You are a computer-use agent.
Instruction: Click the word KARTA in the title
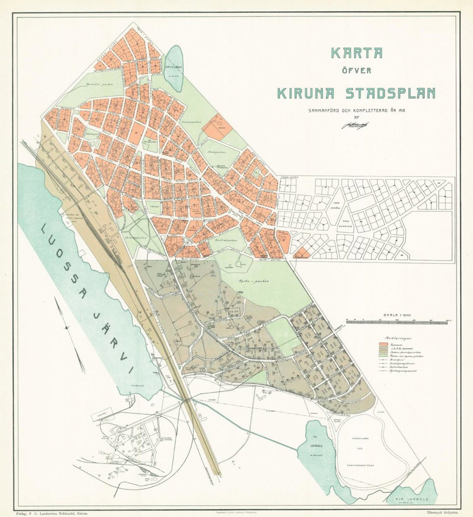pyautogui.click(x=357, y=53)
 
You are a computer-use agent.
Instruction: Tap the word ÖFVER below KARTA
pyautogui.click(x=356, y=71)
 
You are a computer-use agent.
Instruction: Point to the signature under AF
pyautogui.click(x=355, y=125)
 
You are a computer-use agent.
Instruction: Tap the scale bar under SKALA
pyautogui.click(x=397, y=321)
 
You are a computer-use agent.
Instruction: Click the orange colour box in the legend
pyautogui.click(x=383, y=344)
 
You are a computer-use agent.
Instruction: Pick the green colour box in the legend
pyautogui.click(x=383, y=355)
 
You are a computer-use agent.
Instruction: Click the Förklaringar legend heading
pyautogui.click(x=395, y=338)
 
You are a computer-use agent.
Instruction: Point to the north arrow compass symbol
pyautogui.click(x=67, y=328)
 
